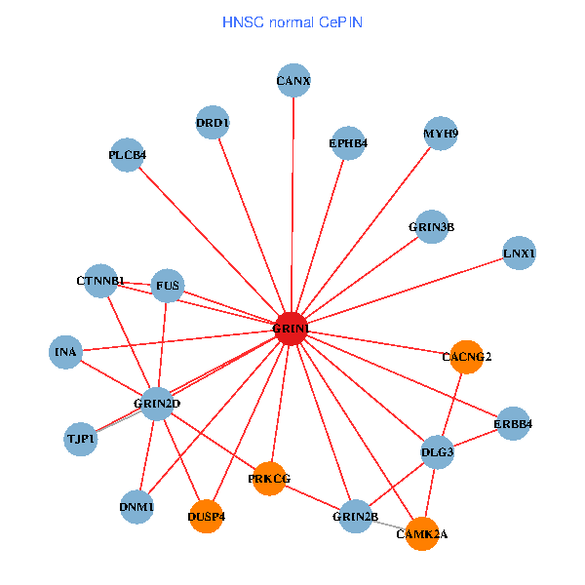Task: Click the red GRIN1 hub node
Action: coord(291,330)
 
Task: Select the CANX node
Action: coord(293,81)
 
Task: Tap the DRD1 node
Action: coord(212,123)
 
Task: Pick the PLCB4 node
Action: coord(128,155)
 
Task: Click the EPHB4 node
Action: coord(348,143)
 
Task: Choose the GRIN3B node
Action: coord(431,227)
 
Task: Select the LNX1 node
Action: coord(519,253)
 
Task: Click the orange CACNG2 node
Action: coord(467,357)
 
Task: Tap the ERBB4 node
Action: coord(512,424)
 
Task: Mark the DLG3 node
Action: coord(438,452)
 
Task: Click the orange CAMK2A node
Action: coord(421,533)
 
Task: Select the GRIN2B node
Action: coord(354,515)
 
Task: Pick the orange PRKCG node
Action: coord(269,478)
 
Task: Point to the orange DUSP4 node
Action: coord(206,516)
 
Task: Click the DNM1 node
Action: coord(137,507)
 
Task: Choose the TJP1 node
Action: coord(81,440)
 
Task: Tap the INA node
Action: coord(66,351)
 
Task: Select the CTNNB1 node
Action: coord(100,282)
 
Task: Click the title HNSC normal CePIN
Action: coord(292,21)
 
